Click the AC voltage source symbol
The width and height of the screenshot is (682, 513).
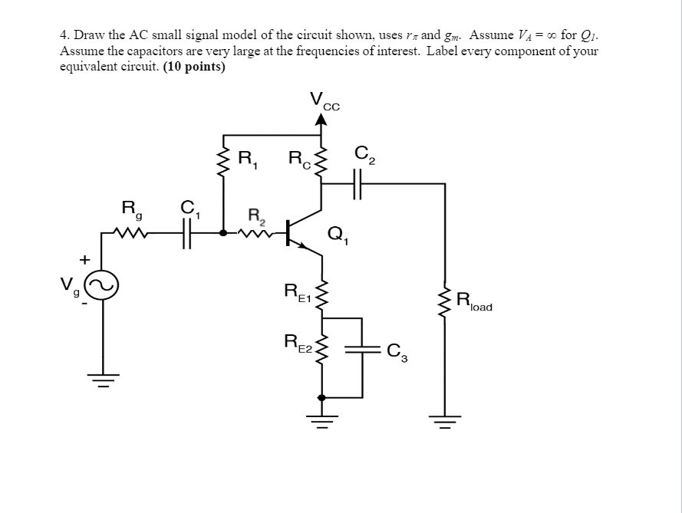click(104, 288)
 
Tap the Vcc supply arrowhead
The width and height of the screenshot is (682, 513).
click(321, 118)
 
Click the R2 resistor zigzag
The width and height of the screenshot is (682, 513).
click(257, 233)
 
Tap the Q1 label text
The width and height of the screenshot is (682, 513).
click(338, 235)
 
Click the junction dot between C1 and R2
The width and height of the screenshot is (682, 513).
click(223, 232)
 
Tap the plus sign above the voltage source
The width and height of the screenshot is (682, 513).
click(84, 261)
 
